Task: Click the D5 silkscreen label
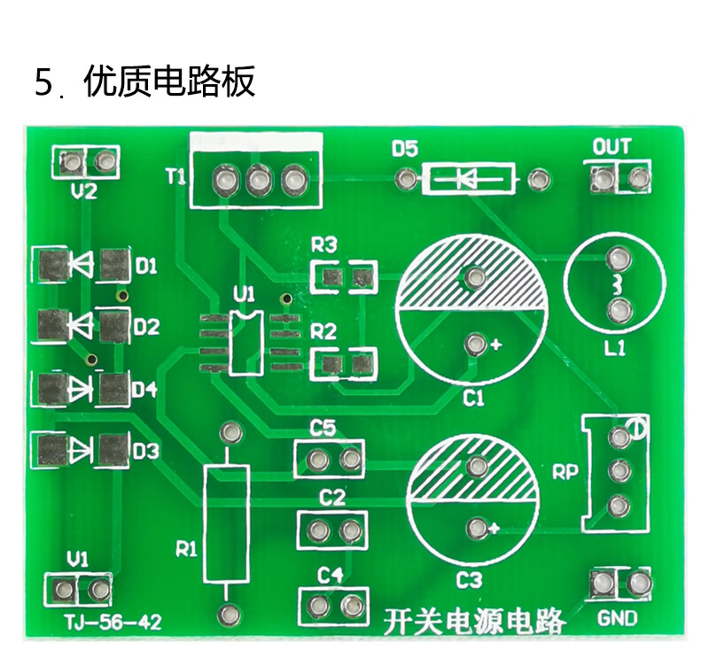point(405,149)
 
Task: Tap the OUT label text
point(612,147)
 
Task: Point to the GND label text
point(617,618)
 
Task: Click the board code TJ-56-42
point(113,623)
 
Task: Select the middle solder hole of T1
point(259,181)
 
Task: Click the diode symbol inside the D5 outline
point(467,180)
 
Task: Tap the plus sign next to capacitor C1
point(496,345)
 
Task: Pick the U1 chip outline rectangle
point(245,344)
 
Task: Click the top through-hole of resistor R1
point(230,432)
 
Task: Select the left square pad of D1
point(53,265)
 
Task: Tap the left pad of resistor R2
point(334,364)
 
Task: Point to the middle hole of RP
point(619,471)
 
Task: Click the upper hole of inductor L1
point(618,259)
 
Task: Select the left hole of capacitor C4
point(319,606)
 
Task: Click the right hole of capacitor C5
point(350,460)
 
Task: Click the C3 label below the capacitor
point(469,580)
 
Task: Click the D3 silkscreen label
point(146,451)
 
